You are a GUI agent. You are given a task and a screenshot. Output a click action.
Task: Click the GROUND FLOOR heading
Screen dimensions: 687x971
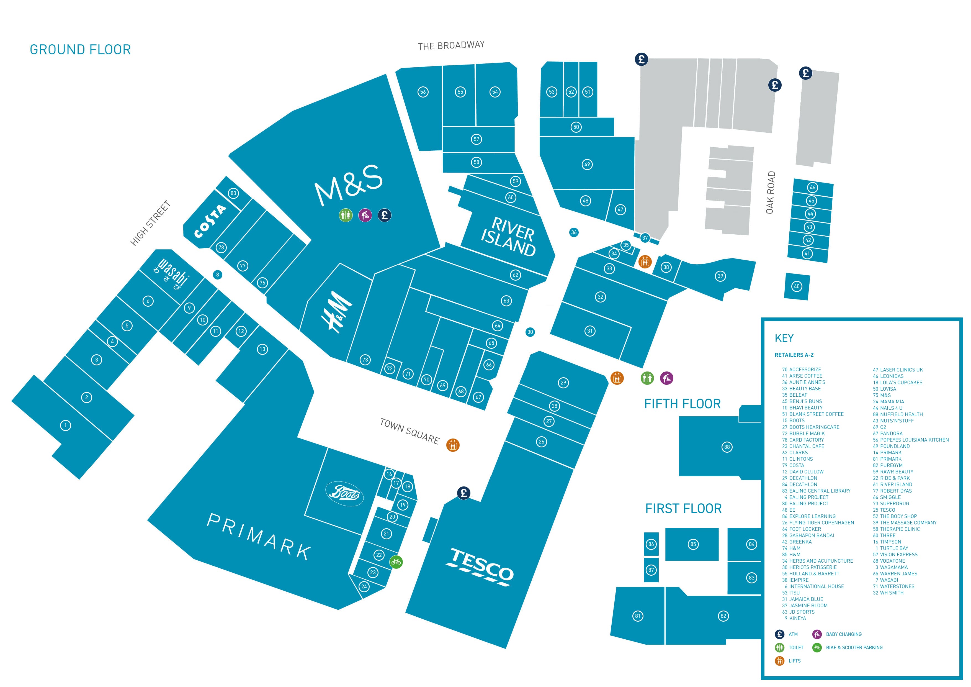[80, 50]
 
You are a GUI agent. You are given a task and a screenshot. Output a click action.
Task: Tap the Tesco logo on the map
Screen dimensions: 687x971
[480, 567]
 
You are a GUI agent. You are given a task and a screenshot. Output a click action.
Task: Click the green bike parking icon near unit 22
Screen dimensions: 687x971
[396, 562]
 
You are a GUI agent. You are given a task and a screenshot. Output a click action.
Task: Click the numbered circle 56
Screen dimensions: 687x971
[423, 92]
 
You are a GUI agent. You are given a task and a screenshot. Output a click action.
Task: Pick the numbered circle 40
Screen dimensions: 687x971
[797, 286]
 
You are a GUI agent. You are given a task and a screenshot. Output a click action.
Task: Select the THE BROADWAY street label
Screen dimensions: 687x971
[451, 45]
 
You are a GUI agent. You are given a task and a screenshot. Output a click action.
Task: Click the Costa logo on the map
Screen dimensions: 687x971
[210, 221]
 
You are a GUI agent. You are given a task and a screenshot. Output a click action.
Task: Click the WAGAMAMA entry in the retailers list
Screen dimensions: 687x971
[893, 567]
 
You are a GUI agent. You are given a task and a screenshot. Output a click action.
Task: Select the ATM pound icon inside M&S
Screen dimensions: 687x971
[384, 215]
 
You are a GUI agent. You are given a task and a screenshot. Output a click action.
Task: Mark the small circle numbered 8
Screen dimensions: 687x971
[217, 275]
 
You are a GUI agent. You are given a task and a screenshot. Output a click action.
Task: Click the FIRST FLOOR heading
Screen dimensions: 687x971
[683, 509]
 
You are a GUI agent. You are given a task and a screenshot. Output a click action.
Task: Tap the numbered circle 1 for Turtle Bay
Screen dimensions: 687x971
[66, 425]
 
